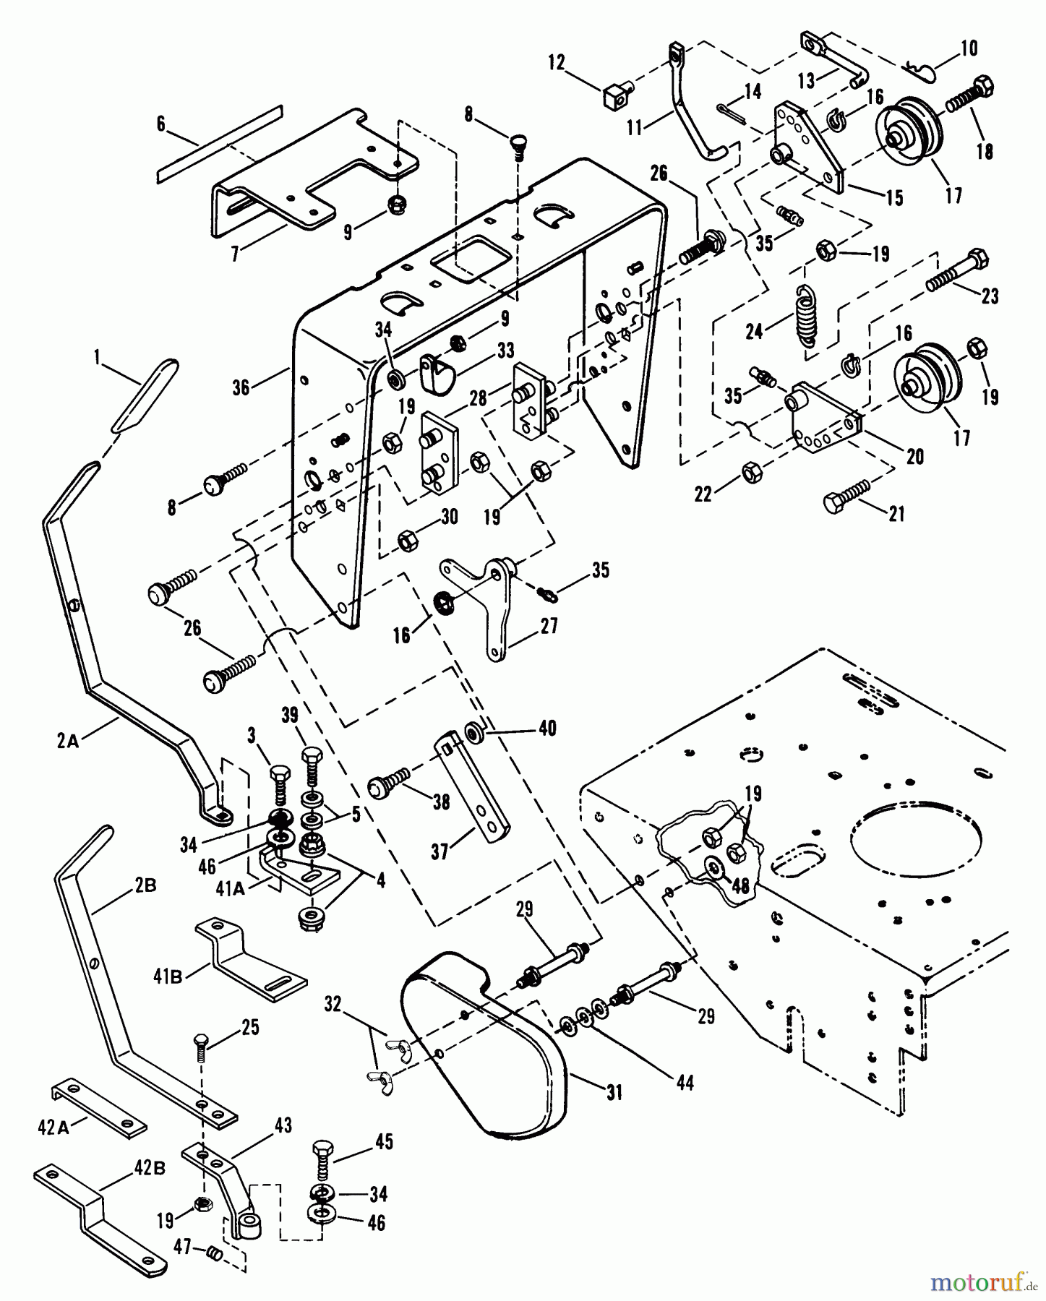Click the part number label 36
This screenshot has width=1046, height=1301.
point(241,387)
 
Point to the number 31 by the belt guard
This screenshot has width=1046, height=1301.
point(614,1094)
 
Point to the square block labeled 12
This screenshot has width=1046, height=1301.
point(617,93)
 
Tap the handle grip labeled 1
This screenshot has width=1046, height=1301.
point(144,395)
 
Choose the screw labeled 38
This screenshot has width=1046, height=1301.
point(390,782)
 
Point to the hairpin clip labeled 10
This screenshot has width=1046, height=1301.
point(921,71)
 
